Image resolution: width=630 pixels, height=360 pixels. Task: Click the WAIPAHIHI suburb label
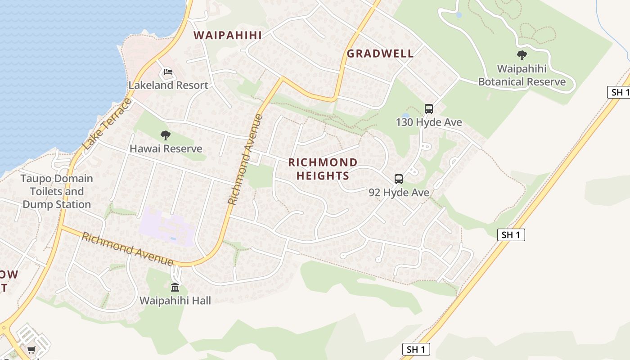(x=227, y=35)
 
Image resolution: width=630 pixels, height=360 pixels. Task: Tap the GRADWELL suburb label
(x=380, y=54)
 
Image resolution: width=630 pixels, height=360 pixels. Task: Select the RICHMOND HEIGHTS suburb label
(x=323, y=169)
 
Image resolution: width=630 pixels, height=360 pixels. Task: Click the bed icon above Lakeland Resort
(x=168, y=72)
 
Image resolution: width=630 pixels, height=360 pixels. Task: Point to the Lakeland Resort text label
(x=168, y=85)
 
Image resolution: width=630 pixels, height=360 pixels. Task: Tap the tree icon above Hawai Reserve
(x=166, y=135)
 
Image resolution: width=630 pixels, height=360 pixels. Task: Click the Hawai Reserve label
(x=166, y=148)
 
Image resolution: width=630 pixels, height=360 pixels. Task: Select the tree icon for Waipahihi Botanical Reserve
(x=522, y=55)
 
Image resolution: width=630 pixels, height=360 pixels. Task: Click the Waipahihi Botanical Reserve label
(x=522, y=75)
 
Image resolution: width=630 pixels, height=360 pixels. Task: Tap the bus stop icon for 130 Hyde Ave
(x=428, y=108)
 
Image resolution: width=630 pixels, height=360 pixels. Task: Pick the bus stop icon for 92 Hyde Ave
(x=399, y=179)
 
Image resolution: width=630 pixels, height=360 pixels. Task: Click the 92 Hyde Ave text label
(x=399, y=193)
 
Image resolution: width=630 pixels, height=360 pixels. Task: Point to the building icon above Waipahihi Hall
(x=175, y=287)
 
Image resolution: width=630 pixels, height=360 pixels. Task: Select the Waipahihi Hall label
(x=175, y=301)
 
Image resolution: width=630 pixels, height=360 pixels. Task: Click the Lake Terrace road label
(x=107, y=125)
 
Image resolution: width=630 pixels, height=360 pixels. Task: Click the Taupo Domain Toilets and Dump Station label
(x=57, y=191)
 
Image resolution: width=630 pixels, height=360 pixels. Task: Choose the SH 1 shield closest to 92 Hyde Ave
(x=511, y=234)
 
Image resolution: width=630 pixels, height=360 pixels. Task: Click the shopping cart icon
(x=31, y=350)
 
